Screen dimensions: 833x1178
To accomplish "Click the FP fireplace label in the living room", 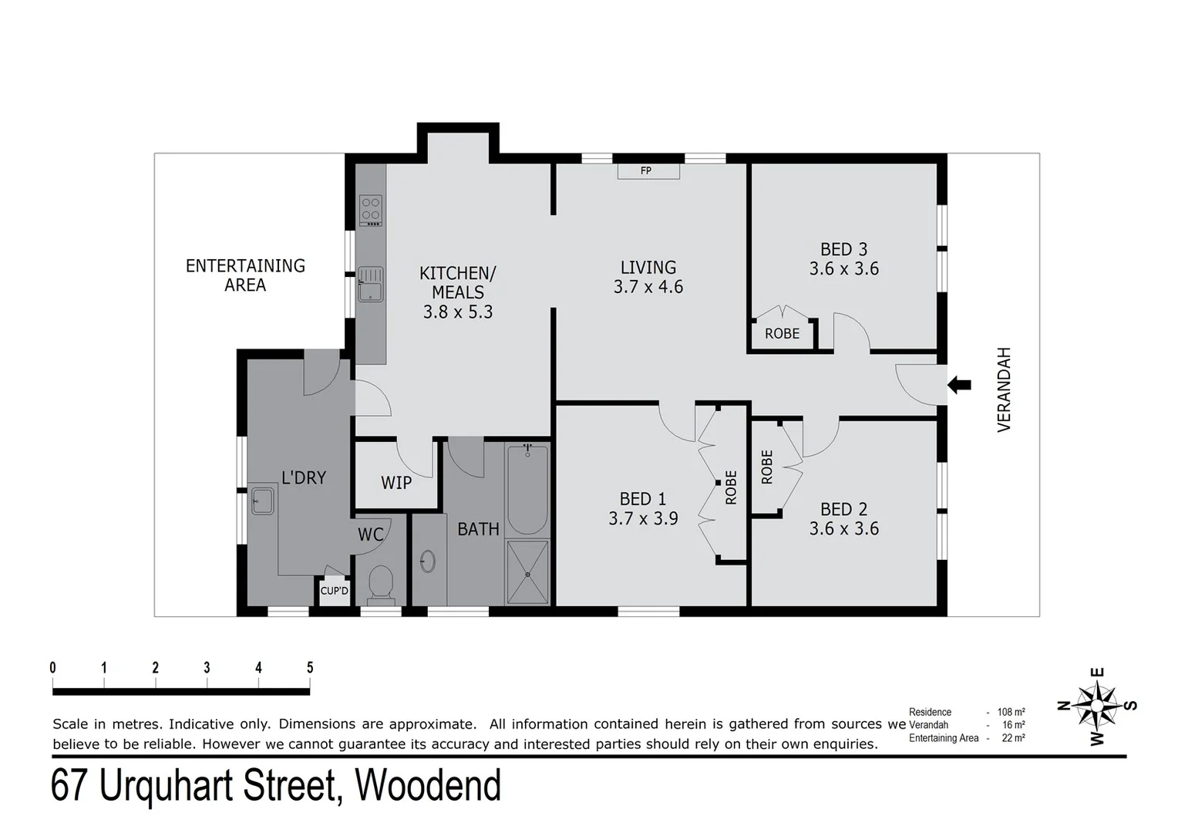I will pyautogui.click(x=646, y=170).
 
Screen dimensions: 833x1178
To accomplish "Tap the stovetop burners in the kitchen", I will pyautogui.click(x=371, y=209).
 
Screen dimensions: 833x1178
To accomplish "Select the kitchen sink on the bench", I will pyautogui.click(x=370, y=284).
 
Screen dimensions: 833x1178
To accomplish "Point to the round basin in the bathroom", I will pyautogui.click(x=428, y=561).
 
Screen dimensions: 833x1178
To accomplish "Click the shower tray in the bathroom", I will pyautogui.click(x=527, y=572).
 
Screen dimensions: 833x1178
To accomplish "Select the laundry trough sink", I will pyautogui.click(x=262, y=501).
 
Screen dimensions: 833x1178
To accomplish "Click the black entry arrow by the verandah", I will pyautogui.click(x=959, y=384).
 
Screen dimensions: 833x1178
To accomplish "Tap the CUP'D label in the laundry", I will pyautogui.click(x=335, y=592).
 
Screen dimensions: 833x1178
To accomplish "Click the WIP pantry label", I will pyautogui.click(x=396, y=483).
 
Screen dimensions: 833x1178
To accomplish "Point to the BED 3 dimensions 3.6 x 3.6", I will pyautogui.click(x=843, y=269).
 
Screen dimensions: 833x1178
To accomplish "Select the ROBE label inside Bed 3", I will pyautogui.click(x=782, y=334).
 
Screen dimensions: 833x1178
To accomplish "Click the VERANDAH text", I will pyautogui.click(x=1004, y=390).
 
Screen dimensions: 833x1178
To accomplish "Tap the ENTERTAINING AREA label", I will pyautogui.click(x=245, y=275).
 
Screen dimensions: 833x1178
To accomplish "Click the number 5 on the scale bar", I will pyautogui.click(x=310, y=668).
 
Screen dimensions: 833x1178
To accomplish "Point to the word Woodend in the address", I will pyautogui.click(x=427, y=786).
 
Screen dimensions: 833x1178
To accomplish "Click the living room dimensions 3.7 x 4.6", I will pyautogui.click(x=648, y=287).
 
